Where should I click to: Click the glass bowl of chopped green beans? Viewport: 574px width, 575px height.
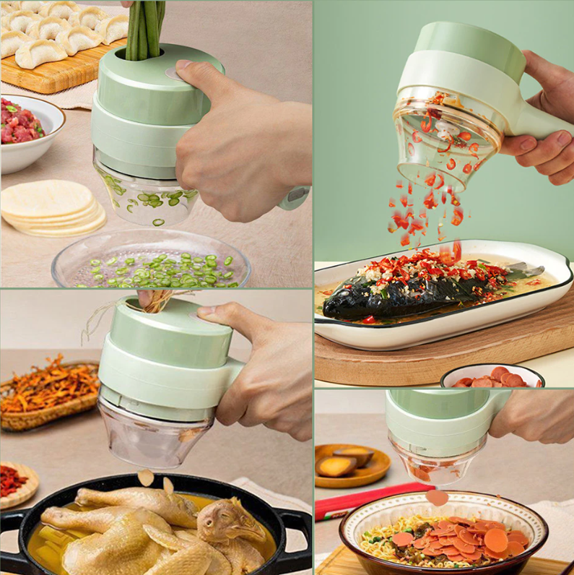point(152,264)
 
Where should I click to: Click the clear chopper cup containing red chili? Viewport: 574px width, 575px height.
point(444,141)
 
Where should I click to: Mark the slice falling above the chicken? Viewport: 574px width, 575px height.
point(147,477)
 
